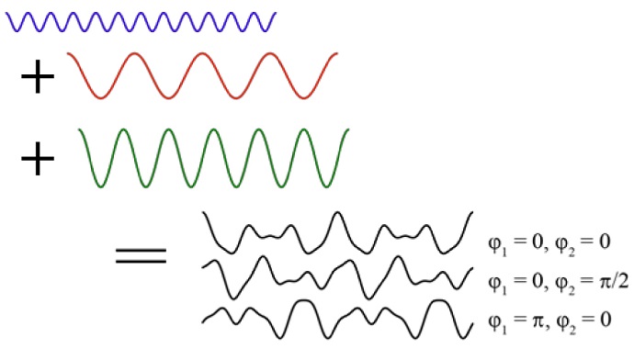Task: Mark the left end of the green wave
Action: tap(78, 134)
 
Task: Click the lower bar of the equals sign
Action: tap(141, 262)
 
